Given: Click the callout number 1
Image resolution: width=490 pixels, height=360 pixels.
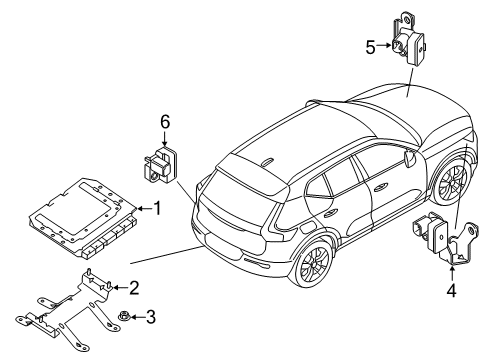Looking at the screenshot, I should (x=157, y=208).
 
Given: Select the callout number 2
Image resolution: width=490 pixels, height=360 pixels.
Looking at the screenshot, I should (x=133, y=288).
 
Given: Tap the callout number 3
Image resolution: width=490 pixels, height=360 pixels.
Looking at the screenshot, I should (x=151, y=318).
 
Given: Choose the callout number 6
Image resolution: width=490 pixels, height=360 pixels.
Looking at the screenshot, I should (x=167, y=121).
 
